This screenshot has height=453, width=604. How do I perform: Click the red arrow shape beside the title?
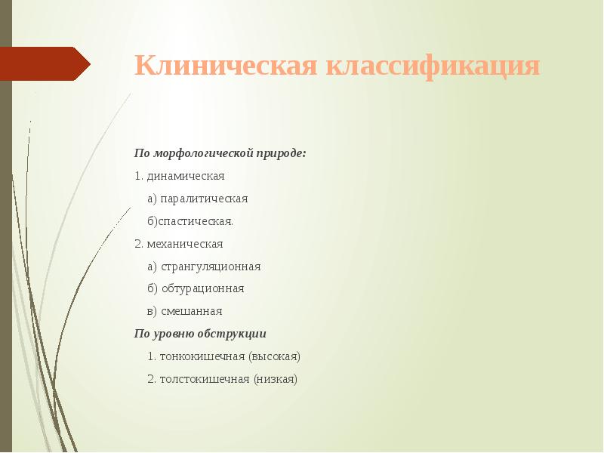point(45,63)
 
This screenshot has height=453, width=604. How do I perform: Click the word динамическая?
point(186,176)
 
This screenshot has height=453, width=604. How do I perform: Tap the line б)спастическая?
point(191,221)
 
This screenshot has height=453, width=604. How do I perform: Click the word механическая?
point(185,244)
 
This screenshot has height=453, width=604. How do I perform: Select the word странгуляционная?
point(211,267)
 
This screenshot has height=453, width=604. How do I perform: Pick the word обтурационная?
point(202,288)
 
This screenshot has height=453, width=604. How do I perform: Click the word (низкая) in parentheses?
point(276,379)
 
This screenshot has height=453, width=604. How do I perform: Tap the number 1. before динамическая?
point(139,176)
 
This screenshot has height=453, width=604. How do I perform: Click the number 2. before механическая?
point(139,244)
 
